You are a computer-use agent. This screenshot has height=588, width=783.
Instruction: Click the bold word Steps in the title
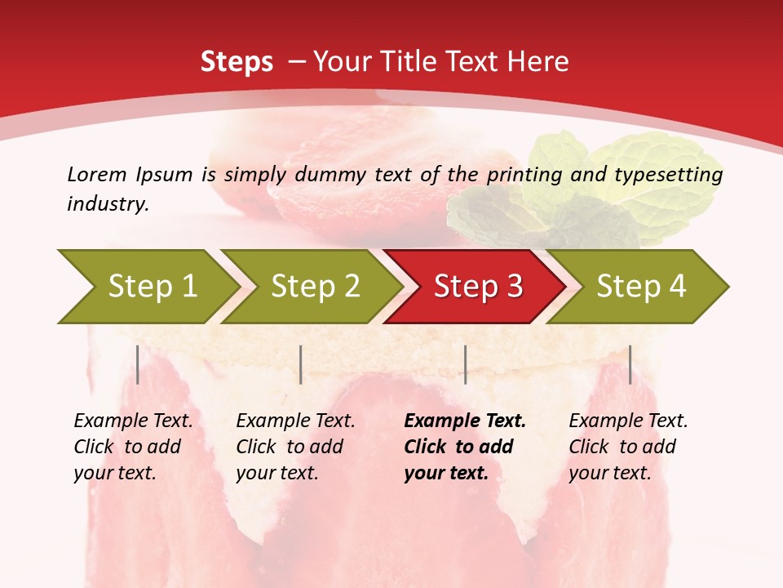pyautogui.click(x=237, y=62)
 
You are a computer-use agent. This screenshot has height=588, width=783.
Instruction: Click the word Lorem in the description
pyautogui.click(x=97, y=174)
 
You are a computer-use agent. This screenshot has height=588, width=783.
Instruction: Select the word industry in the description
pyautogui.click(x=107, y=204)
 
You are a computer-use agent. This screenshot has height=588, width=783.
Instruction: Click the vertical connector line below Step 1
pyautogui.click(x=138, y=364)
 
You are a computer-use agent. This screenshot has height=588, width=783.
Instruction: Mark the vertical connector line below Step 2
pyautogui.click(x=301, y=364)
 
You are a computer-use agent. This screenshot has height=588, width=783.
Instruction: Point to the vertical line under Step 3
pyautogui.click(x=465, y=364)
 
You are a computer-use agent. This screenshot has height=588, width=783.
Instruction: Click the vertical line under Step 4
pyautogui.click(x=630, y=364)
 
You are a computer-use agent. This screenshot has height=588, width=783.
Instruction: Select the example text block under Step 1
pyautogui.click(x=133, y=447)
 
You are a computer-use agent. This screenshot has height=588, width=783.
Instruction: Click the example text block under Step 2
pyautogui.click(x=295, y=447)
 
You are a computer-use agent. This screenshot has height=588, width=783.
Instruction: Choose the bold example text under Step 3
pyautogui.click(x=465, y=447)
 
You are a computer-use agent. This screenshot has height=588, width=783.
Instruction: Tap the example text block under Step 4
pyautogui.click(x=628, y=447)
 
